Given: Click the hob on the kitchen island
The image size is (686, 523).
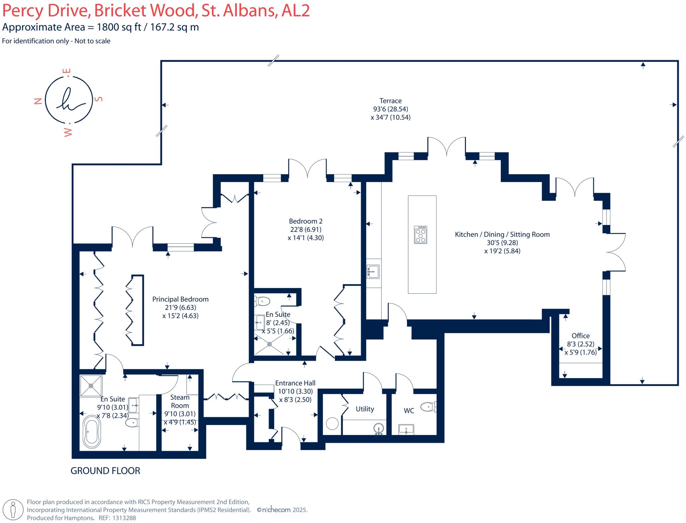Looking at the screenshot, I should click(421, 235).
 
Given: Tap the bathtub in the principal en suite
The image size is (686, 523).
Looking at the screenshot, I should click(91, 432).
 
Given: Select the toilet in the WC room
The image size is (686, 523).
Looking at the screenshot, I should click(428, 407).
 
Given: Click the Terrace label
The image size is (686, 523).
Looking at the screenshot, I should click(390, 101).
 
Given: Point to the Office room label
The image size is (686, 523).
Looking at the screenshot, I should click(580, 336).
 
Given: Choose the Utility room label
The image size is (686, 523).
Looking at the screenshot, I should click(365, 409).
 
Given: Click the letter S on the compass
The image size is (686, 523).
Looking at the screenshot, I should click(99, 99).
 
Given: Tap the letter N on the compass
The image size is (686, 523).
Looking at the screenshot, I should click(38, 101).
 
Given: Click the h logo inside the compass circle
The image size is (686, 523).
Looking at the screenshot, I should click(69, 99).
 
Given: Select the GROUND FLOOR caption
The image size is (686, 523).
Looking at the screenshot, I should click(105, 471).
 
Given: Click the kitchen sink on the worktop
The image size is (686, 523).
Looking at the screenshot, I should click(373, 272).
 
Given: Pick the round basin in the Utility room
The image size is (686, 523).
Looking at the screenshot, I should click(379, 429).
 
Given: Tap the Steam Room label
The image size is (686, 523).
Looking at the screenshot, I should click(180, 401).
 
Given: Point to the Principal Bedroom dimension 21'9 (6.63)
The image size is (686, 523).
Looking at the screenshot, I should click(180, 307).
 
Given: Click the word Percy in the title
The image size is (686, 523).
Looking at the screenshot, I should click(23, 11).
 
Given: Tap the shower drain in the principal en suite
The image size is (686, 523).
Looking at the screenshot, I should click(91, 386).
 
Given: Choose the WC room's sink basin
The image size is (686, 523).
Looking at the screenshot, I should click(406, 429).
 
